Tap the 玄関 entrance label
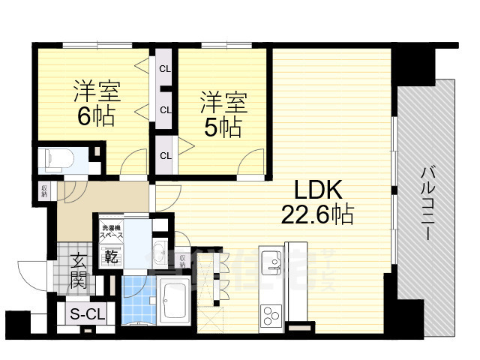click(79, 271)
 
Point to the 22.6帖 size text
click(317, 214)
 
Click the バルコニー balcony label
click(425, 202)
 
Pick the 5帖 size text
click(223, 126)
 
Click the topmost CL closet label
click(164, 69)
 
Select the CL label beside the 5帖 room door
click(164, 156)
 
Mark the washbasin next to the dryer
click(159, 250)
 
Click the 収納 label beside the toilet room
click(43, 190)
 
